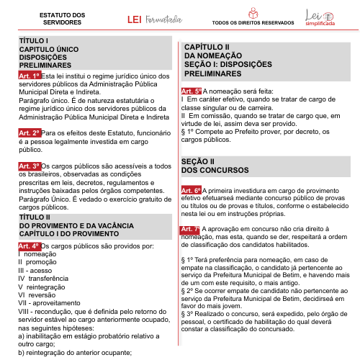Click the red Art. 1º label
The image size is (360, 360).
pyautogui.click(x=30, y=75)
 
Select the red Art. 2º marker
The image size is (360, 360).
pyautogui.click(x=30, y=134)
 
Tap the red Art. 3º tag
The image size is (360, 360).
pyautogui.click(x=30, y=166)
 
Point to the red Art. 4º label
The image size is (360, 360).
pyautogui.click(x=30, y=246)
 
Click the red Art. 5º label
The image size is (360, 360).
pyautogui.click(x=192, y=92)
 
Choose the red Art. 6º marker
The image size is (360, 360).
pyautogui.click(x=192, y=190)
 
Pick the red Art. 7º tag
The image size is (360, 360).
pyautogui.click(x=192, y=229)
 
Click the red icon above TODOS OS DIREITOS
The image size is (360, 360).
pyautogui.click(x=252, y=13)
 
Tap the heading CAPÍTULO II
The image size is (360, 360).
pyautogui.click(x=207, y=47)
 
